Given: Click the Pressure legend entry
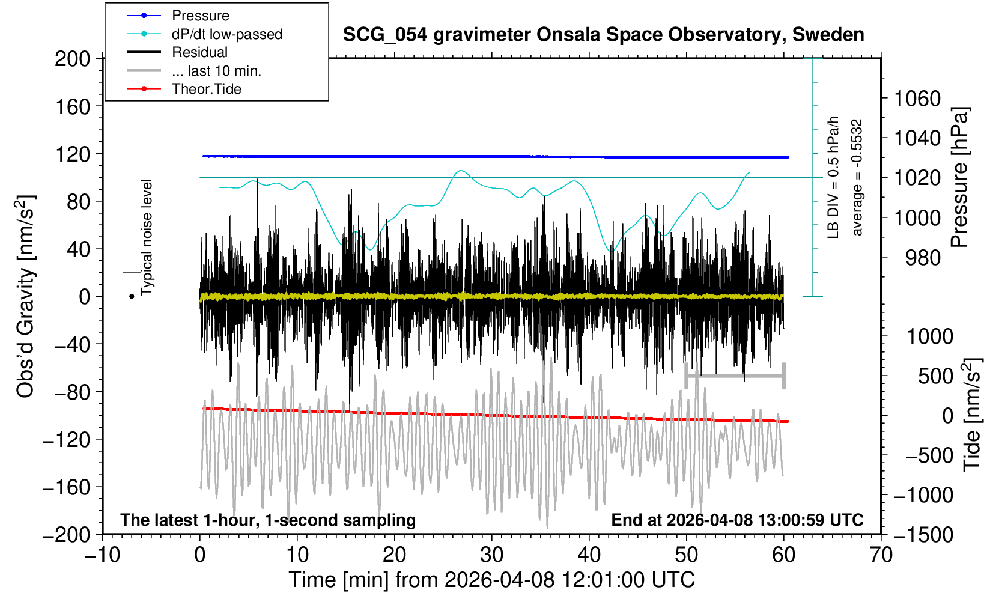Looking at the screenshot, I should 200,16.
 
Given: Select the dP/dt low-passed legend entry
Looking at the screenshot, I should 226,34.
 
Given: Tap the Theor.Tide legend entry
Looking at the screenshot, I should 206,89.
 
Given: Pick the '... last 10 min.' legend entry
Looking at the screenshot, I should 216,71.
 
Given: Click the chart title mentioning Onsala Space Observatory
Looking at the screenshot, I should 603,35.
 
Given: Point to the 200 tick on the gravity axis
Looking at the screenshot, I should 72,59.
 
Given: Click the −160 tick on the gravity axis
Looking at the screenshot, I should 67,487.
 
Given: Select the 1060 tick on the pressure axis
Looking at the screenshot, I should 917,99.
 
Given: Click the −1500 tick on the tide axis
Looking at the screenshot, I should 923,534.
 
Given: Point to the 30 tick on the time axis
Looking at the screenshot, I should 491,555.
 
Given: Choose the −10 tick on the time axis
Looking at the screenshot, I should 102,555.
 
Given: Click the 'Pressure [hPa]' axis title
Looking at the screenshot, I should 959,177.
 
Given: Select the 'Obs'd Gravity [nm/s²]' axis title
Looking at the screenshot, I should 26,296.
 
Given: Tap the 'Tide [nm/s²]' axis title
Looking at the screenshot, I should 971,415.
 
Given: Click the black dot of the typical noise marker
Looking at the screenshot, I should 132,296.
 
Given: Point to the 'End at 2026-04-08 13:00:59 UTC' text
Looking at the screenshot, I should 737,520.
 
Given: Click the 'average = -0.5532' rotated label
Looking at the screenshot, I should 857,177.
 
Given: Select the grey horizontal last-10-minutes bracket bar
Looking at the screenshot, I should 735,376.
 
